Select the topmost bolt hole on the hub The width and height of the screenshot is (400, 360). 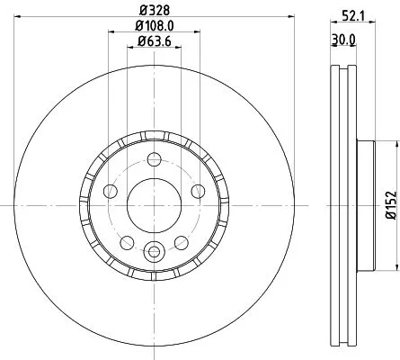tap(154, 160)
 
